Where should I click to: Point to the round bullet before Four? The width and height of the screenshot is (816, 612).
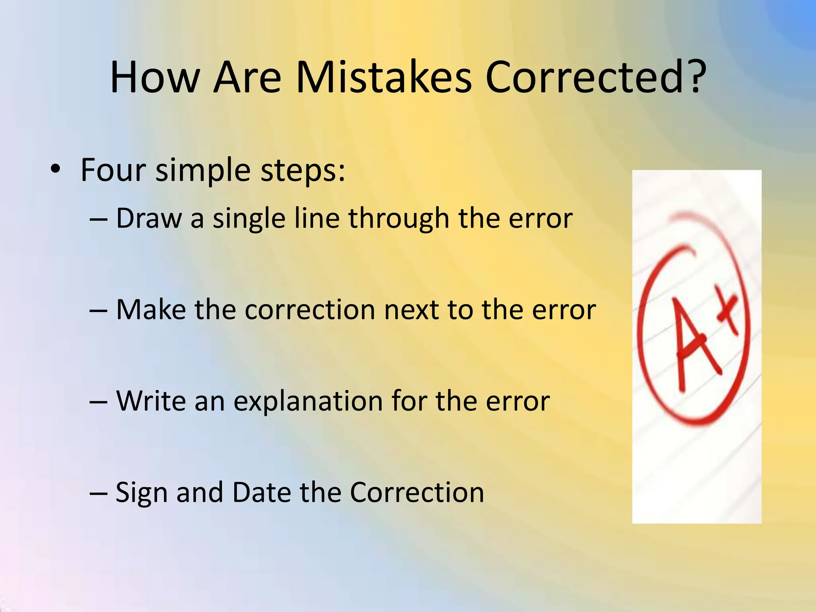[x=55, y=170]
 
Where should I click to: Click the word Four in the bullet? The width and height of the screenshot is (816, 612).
[x=113, y=170]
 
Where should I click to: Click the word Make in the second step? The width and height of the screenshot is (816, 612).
[x=151, y=310]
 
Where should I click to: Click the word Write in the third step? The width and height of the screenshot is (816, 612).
[x=151, y=401]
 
